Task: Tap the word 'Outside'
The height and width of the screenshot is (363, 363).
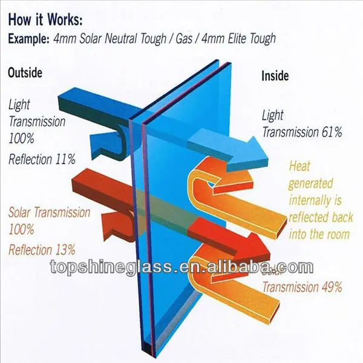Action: click(x=25, y=73)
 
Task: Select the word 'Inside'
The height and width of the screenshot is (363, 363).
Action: click(x=276, y=76)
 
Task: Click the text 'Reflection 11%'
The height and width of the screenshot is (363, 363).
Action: click(x=42, y=160)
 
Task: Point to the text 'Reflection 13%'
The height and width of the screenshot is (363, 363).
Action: click(x=42, y=249)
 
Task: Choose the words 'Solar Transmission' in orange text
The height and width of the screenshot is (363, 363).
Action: click(x=50, y=213)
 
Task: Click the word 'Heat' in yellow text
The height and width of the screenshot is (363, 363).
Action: click(x=301, y=165)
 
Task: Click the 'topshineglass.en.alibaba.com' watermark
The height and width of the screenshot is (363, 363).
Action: click(x=181, y=267)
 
